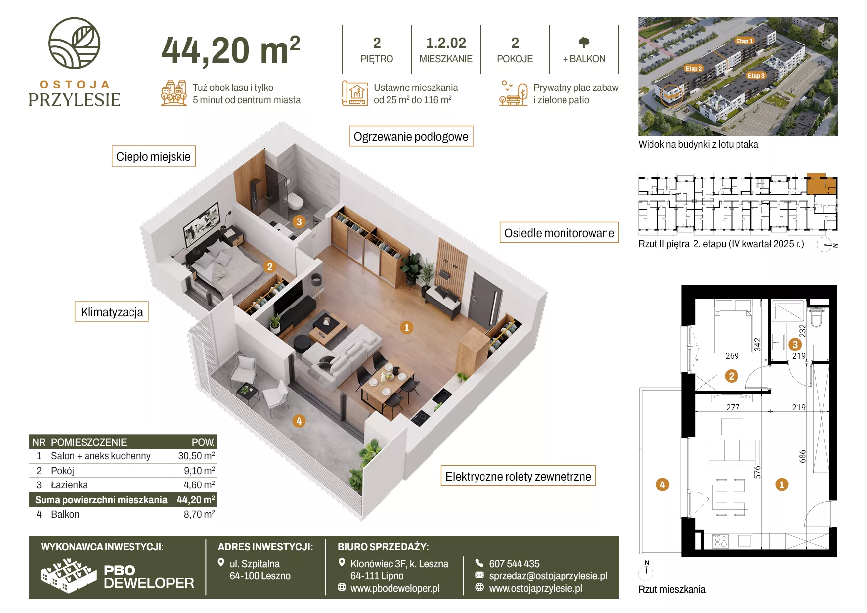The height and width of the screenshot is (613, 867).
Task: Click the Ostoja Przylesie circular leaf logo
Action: tap(74, 43)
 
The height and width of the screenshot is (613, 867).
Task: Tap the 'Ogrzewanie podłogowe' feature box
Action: tap(411, 136)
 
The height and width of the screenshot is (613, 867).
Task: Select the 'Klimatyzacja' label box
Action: tap(112, 312)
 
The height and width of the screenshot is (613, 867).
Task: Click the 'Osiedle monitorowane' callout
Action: tap(559, 233)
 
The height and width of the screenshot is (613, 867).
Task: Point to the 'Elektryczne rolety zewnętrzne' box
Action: tap(518, 476)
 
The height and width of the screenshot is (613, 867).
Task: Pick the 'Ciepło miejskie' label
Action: tap(153, 156)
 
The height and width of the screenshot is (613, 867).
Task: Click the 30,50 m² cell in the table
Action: tap(197, 456)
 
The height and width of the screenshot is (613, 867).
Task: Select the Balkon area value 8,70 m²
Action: tap(199, 514)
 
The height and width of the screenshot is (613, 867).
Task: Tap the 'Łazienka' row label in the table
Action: tap(69, 485)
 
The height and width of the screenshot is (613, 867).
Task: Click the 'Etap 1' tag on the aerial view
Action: tap(744, 41)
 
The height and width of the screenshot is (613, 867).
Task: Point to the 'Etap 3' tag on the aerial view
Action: tap(756, 75)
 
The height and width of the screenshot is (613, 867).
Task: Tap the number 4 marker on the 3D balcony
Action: tap(299, 421)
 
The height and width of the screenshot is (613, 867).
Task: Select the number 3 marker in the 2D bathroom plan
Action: tap(795, 344)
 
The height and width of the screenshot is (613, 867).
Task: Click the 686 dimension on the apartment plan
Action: tap(802, 456)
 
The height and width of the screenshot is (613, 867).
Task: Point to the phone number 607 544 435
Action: tap(514, 564)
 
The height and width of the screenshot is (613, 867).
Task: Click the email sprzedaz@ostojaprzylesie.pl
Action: tap(548, 576)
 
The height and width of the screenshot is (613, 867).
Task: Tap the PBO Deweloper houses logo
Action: tap(68, 575)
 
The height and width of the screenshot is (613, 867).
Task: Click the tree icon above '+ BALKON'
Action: tap(584, 43)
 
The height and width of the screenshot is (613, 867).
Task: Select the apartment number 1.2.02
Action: tap(446, 43)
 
